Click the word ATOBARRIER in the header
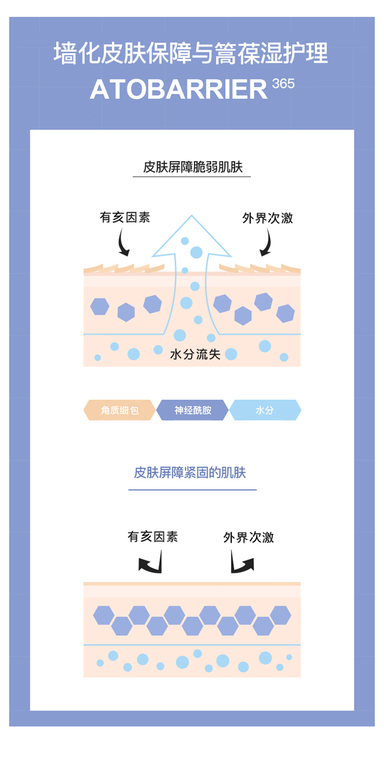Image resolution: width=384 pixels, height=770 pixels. [179, 90]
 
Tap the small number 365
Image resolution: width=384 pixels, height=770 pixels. [284, 84]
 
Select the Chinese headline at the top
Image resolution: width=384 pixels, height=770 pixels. [191, 55]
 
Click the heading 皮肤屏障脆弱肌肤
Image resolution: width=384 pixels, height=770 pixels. [191, 167]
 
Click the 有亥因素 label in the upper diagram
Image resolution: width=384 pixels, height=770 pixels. [125, 217]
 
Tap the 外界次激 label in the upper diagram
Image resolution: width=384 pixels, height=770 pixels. [267, 218]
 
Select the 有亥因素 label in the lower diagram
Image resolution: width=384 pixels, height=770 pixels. [153, 536]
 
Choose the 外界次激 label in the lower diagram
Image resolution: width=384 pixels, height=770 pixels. [248, 538]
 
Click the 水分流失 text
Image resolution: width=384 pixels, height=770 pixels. [195, 354]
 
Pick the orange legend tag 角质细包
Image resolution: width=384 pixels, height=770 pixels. [120, 410]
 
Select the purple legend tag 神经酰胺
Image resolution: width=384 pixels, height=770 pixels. [193, 410]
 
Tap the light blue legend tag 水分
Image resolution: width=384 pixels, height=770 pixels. [265, 410]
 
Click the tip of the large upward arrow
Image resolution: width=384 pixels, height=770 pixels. [191, 218]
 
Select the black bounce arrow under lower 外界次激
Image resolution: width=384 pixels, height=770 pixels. [242, 564]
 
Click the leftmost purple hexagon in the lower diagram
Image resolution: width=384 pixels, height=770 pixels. [104, 615]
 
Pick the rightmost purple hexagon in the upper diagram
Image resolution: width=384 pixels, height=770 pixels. [285, 313]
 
